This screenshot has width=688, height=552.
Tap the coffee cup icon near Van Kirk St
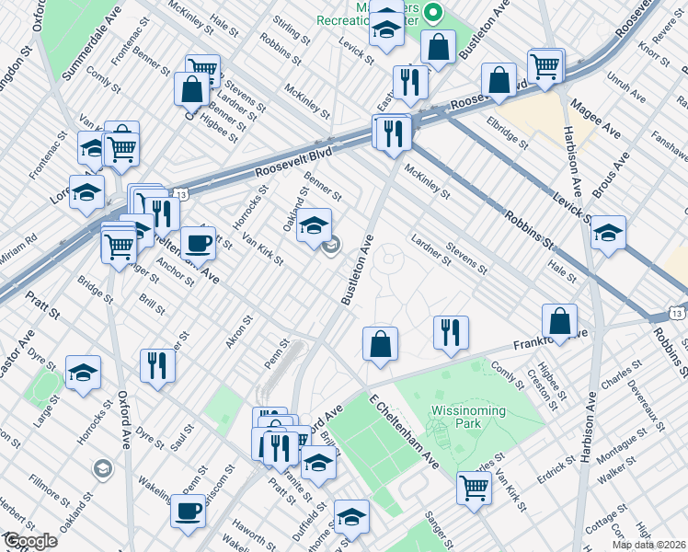tap(198, 244)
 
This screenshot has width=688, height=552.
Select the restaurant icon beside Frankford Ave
tap(450, 332)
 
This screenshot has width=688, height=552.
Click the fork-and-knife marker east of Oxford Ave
tap(158, 365)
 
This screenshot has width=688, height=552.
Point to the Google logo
tap(30, 541)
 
